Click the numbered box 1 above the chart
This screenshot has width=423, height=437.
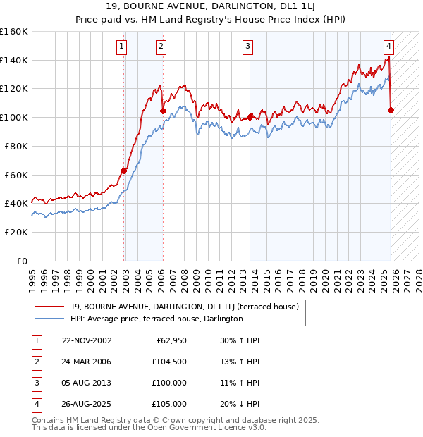pos(122,47)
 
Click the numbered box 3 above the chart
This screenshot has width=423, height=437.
pos(248,47)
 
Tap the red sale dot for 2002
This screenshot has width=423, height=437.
pos(124,171)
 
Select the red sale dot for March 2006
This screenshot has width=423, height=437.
pos(163,111)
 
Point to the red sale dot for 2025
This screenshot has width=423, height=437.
pos(391,110)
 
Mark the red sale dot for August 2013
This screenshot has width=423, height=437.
pos(250,117)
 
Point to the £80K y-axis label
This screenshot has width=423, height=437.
pos(16,146)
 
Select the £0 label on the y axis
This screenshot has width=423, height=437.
pos(22,261)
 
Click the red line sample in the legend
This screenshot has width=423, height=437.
pos(50,307)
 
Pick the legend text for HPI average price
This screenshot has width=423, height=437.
pos(157,319)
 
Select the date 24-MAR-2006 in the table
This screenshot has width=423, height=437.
pos(87,362)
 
